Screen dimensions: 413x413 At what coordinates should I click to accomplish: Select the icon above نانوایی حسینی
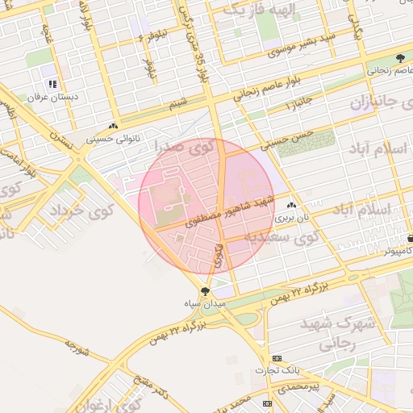(114, 127)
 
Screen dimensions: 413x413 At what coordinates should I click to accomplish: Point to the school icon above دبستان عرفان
(52, 84)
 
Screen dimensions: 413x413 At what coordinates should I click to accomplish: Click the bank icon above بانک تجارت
(277, 358)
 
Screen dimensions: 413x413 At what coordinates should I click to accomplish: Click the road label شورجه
(75, 349)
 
